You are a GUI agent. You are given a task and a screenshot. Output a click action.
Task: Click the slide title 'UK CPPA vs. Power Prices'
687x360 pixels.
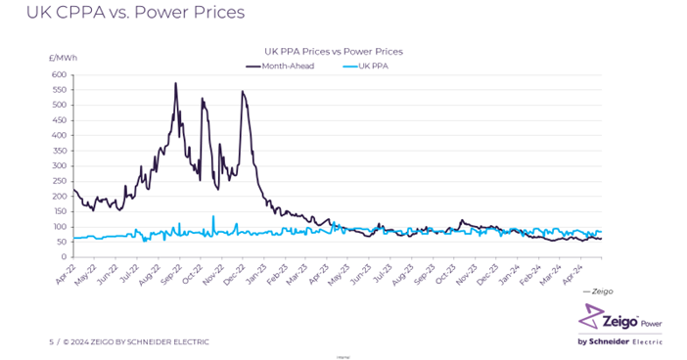click(122, 14)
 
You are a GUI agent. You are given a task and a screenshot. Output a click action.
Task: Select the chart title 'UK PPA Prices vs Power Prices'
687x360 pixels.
click(334, 51)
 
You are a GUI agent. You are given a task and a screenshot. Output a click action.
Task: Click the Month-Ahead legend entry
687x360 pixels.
click(287, 66)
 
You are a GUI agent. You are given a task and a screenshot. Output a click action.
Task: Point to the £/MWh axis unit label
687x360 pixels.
click(62, 59)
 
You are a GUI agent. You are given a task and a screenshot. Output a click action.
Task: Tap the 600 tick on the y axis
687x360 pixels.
click(59, 75)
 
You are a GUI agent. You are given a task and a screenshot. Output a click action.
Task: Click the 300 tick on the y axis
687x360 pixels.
click(59, 166)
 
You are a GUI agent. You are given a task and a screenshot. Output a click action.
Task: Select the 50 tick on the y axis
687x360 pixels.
click(61, 242)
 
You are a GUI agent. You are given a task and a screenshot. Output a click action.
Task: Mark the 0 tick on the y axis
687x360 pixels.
click(64, 257)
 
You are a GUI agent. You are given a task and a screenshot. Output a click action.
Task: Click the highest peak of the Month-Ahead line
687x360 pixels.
click(175, 84)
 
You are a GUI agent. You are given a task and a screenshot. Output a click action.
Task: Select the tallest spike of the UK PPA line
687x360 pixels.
click(213, 216)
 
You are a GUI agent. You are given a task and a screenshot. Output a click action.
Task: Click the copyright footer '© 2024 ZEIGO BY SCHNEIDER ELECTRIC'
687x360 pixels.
click(136, 341)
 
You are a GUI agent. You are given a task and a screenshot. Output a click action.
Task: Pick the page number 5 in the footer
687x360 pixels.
click(51, 341)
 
